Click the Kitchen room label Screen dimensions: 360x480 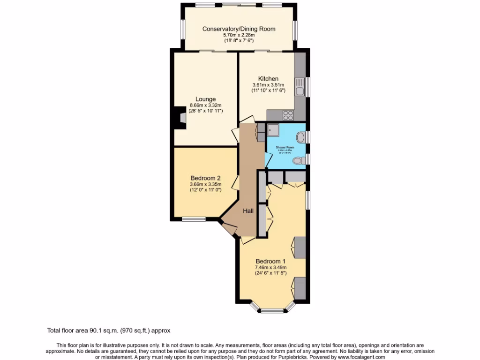point(268,79)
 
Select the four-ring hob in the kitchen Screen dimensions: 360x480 point(288,114)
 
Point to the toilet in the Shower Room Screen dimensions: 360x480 point(297,161)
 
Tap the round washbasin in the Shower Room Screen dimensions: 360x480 point(300,137)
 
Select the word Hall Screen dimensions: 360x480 point(248,211)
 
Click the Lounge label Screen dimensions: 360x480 point(206,99)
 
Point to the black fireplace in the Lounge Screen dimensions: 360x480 point(179,117)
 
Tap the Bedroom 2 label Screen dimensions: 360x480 point(205,178)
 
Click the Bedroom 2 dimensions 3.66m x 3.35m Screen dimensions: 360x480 point(205,184)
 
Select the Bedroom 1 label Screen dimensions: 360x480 point(270,262)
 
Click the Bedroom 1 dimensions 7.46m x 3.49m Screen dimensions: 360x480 point(270,267)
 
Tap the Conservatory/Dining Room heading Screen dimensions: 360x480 point(239,29)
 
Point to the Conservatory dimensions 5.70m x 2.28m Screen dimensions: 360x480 point(239,35)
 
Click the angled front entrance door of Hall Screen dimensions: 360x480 point(229,228)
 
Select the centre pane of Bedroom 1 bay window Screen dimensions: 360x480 point(272,310)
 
